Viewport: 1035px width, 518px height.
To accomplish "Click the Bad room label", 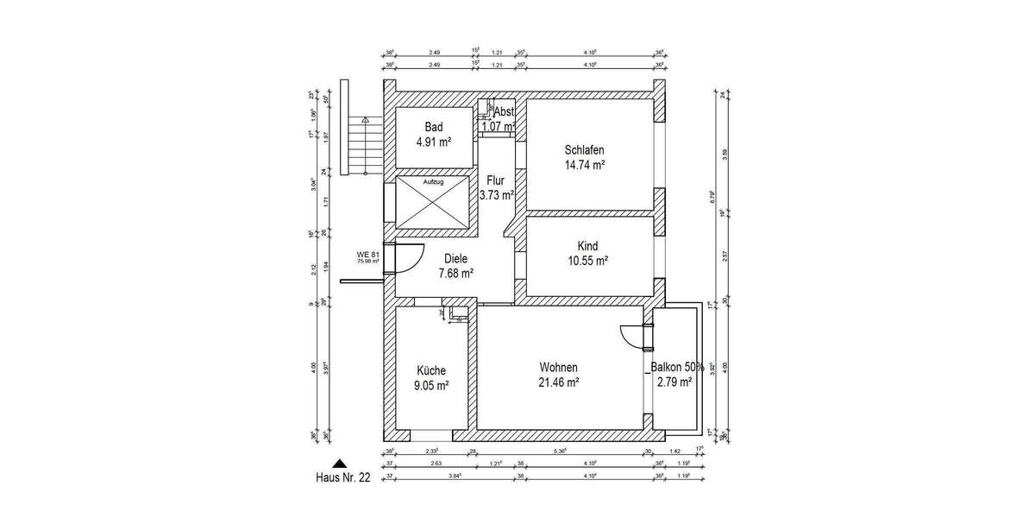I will click(x=433, y=127).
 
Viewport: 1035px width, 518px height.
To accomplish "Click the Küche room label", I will click(x=430, y=370).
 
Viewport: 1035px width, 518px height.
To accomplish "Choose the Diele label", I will click(x=455, y=257).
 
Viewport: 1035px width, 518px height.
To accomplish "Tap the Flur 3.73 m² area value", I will click(x=497, y=195).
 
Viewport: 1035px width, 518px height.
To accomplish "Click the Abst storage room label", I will click(x=504, y=111).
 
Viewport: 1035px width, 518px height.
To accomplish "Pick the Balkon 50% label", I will click(x=678, y=367).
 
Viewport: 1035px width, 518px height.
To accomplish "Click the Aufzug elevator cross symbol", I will click(x=431, y=208).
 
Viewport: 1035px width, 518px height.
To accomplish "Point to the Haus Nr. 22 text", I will click(x=342, y=478).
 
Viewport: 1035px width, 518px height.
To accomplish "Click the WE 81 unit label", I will click(x=368, y=254).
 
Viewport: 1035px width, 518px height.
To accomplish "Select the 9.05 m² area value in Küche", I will click(x=431, y=386).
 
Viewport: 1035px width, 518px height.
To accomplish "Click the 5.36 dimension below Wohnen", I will click(x=561, y=451).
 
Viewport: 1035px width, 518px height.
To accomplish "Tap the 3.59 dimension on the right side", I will click(x=726, y=155).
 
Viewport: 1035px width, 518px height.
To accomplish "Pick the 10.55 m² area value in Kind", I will click(x=587, y=261).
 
